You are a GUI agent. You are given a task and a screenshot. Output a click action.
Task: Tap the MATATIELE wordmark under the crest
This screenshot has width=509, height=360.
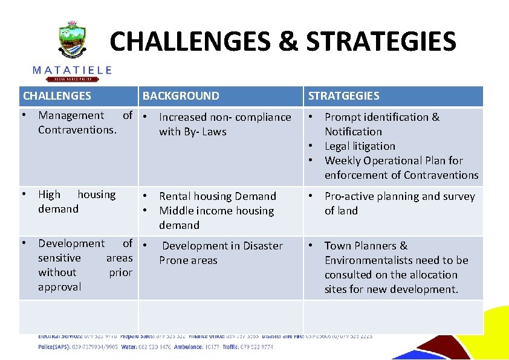[x=72, y=70]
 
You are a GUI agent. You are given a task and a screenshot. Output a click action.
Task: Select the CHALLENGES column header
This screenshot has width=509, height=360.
[x=57, y=96]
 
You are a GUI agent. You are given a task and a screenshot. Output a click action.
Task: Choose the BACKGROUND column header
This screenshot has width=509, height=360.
[x=181, y=96]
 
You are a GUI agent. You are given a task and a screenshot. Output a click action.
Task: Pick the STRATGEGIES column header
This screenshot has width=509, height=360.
[x=344, y=96]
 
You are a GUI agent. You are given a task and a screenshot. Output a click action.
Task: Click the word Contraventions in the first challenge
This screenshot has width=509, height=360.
[x=77, y=130]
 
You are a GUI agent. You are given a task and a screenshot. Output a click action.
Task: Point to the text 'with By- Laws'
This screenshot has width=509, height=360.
[x=192, y=132]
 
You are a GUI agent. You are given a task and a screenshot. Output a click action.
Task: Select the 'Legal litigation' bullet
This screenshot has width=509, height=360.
[x=360, y=146]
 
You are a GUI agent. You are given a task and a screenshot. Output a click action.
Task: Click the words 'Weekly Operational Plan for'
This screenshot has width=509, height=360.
[x=394, y=161]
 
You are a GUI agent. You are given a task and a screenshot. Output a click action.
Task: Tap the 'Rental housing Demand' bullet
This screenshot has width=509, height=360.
[x=217, y=196]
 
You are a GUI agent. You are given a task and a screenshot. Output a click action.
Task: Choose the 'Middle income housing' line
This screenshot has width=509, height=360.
[x=216, y=211]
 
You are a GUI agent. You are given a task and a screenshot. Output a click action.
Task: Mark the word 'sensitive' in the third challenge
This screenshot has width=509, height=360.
[x=59, y=258]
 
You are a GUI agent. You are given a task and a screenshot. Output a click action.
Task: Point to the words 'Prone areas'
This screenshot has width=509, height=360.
[x=188, y=260]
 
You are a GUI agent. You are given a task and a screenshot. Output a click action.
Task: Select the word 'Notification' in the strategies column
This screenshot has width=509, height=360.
[x=353, y=132]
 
